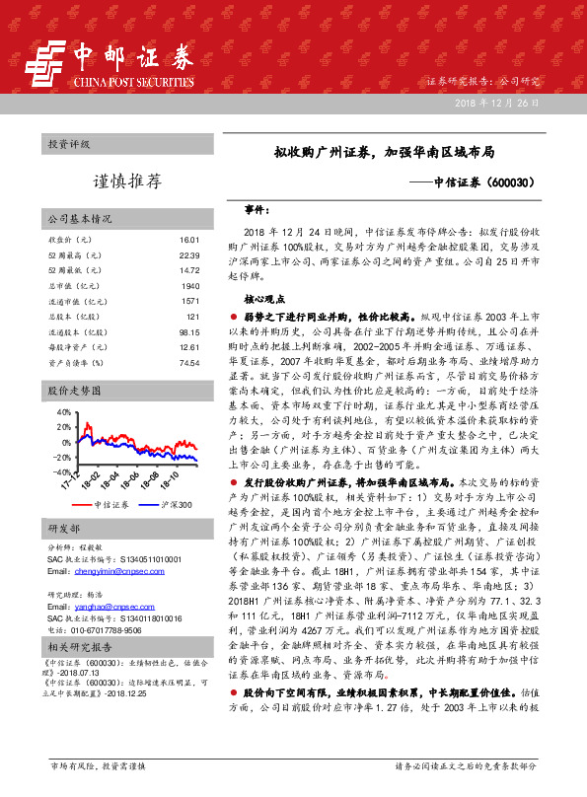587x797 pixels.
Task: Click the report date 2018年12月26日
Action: [x=498, y=105]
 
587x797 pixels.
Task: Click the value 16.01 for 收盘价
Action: [x=190, y=241]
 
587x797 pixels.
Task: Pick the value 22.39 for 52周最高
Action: [x=190, y=256]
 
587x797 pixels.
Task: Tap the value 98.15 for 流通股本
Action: [x=189, y=332]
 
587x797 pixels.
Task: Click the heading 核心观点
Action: [x=265, y=297]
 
